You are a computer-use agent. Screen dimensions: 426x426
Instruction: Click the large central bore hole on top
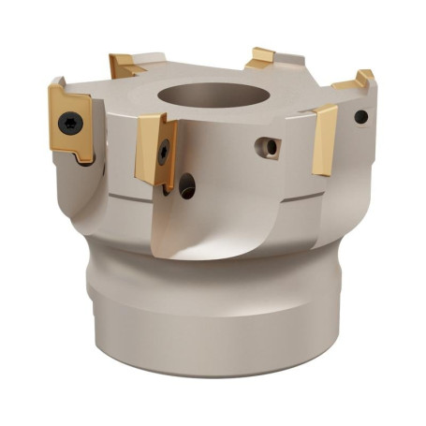200,96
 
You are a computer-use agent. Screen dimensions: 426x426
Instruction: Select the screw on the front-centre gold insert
163,150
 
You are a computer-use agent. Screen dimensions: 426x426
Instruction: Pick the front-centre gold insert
154,148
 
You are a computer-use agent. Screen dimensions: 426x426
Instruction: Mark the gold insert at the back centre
261,58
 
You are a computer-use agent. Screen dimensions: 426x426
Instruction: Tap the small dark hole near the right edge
360,117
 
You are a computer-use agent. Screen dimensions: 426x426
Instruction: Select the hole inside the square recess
271,147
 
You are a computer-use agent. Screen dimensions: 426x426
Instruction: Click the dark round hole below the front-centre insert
186,185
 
